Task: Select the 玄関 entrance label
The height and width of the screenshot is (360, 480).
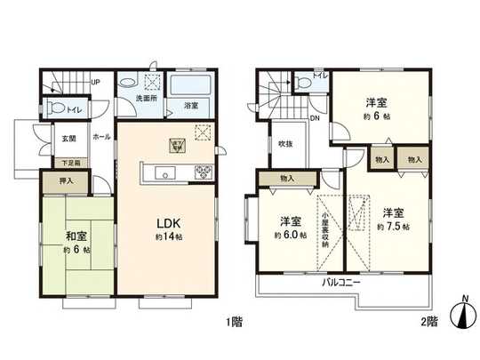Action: [68, 139]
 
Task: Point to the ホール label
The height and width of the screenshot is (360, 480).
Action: [100, 138]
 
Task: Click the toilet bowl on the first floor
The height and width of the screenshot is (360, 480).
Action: [58, 111]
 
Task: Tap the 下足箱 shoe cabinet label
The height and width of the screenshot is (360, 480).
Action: [69, 163]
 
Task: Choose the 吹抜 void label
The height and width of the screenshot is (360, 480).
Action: [284, 144]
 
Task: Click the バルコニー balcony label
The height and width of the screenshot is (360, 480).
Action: [340, 281]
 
